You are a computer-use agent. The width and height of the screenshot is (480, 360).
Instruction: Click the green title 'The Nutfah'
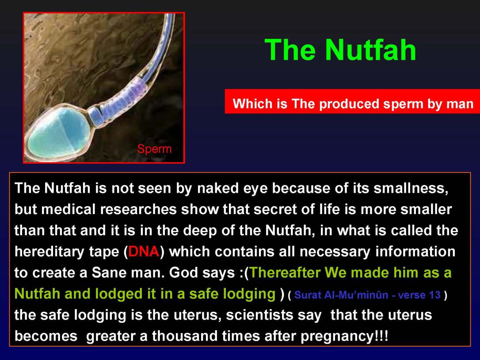[x=340, y=50]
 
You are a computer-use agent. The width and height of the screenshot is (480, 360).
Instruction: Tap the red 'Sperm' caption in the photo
[x=154, y=149]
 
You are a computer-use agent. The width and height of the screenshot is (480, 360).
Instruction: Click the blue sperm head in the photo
[x=57, y=133]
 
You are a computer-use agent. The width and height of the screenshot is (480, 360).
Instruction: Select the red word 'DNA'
[x=143, y=252]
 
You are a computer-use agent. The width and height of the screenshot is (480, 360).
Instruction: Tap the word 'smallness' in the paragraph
[x=411, y=188]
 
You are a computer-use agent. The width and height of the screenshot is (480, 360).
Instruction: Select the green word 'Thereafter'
[x=285, y=272]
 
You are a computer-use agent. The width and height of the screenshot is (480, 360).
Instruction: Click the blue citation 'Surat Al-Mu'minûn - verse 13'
[x=367, y=295]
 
